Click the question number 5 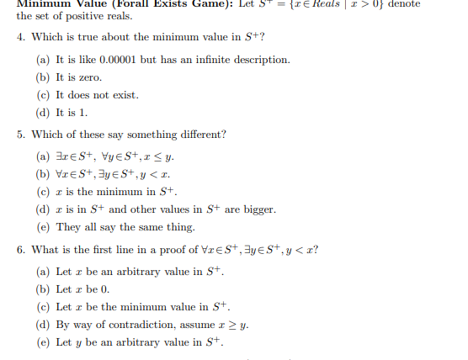pyautogui.click(x=20, y=135)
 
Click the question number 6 pyautogui.click(x=20, y=249)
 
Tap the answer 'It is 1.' pyautogui.click(x=72, y=113)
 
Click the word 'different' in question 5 pyautogui.click(x=197, y=135)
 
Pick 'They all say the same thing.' pyautogui.click(x=124, y=227)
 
